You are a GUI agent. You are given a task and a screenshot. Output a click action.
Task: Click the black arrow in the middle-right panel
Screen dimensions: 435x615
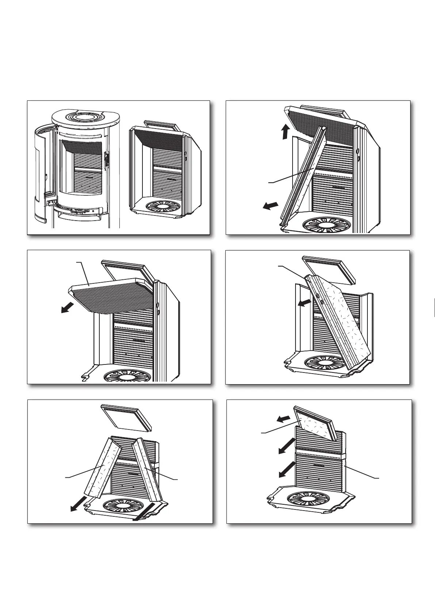pos(305,303)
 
